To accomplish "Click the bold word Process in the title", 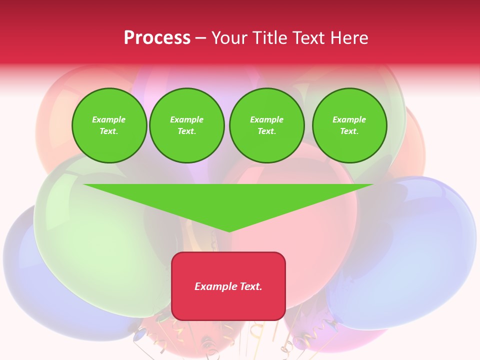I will coord(157,38).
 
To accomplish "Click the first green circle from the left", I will coord(109,125).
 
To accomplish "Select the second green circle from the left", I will coord(187,125).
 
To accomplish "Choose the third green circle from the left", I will coord(267,125).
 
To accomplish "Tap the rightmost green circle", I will coord(349,125).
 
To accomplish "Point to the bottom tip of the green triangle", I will coord(229,231).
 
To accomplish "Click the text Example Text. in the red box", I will coord(228,286).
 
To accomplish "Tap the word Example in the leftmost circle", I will coord(109,119).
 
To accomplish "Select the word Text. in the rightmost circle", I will coord(349,131).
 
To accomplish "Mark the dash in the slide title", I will coord(200,38).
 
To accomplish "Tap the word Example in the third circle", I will coord(267,119).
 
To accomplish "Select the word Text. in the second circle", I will coord(187,131).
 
